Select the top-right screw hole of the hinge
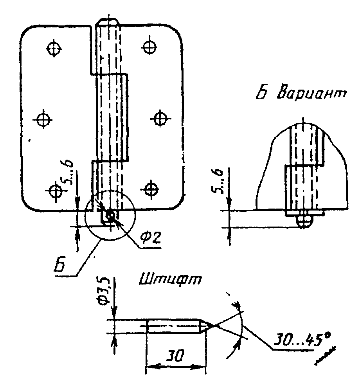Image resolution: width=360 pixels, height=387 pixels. pyautogui.click(x=149, y=47)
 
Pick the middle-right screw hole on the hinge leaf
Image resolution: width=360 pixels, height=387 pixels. pyautogui.click(x=160, y=119)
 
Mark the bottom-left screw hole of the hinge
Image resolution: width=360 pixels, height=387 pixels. pyautogui.click(x=54, y=191)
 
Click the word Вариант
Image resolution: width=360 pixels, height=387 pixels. pyautogui.click(x=312, y=93)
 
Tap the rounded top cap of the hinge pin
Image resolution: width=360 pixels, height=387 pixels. pyautogui.click(x=108, y=22)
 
